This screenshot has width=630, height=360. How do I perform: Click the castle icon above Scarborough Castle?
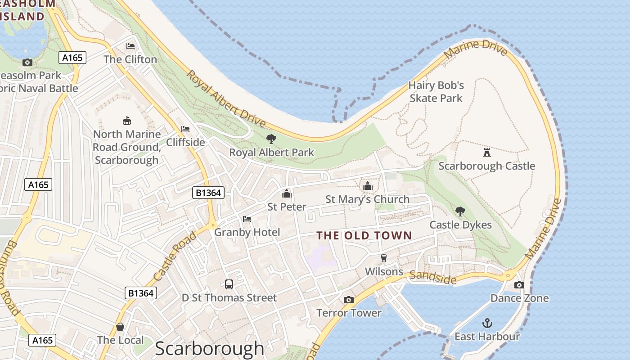tap(486, 152)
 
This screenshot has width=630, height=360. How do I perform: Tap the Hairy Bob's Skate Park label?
tap(436, 91)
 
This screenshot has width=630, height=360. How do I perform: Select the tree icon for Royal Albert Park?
tap(271, 139)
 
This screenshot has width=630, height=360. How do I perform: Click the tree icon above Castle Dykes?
tap(460, 211)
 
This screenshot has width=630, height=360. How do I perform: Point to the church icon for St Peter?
tap(287, 193)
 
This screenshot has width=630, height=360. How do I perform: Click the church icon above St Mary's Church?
tap(367, 185)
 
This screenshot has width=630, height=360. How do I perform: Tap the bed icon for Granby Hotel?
tap(247, 219)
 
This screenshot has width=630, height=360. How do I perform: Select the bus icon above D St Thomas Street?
tap(229, 284)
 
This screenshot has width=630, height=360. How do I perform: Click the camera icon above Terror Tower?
tap(348, 300)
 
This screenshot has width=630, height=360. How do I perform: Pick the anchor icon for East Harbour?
tap(487, 323)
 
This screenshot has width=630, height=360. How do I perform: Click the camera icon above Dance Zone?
tap(519, 285)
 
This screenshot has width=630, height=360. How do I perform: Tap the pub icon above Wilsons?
tap(383, 258)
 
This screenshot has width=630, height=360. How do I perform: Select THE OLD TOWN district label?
tap(364, 235)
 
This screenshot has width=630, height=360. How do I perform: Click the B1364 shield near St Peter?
tap(208, 193)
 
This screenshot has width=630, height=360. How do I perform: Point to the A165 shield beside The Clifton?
tap(72, 58)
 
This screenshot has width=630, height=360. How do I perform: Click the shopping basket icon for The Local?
tap(120, 327)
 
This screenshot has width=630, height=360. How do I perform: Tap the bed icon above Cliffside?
tap(185, 129)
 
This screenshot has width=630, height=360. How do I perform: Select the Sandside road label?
tap(433, 277)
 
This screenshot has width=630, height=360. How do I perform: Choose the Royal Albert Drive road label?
tap(226, 99)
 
